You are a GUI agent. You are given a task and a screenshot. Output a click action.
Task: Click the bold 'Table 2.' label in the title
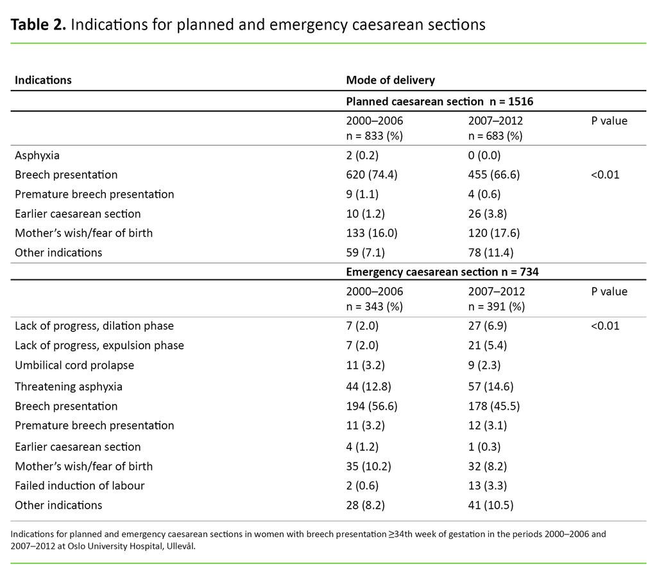[37, 25]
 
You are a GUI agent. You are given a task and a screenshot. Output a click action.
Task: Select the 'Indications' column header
[43, 80]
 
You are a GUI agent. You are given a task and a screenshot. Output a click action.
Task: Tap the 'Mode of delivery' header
[390, 80]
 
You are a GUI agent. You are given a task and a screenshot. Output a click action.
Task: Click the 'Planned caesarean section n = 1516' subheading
[439, 101]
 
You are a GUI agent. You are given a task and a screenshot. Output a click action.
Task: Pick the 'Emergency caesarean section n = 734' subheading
[442, 272]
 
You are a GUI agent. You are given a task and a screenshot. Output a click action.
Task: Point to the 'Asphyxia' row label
[37, 155]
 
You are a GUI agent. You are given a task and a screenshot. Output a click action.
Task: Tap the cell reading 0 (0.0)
[484, 155]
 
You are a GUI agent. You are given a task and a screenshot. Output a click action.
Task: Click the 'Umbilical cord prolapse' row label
[74, 365]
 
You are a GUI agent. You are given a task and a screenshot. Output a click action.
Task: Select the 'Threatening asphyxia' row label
[68, 387]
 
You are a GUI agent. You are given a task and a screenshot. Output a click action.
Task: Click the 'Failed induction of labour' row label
[80, 486]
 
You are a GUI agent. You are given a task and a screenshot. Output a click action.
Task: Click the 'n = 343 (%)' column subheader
[374, 306]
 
